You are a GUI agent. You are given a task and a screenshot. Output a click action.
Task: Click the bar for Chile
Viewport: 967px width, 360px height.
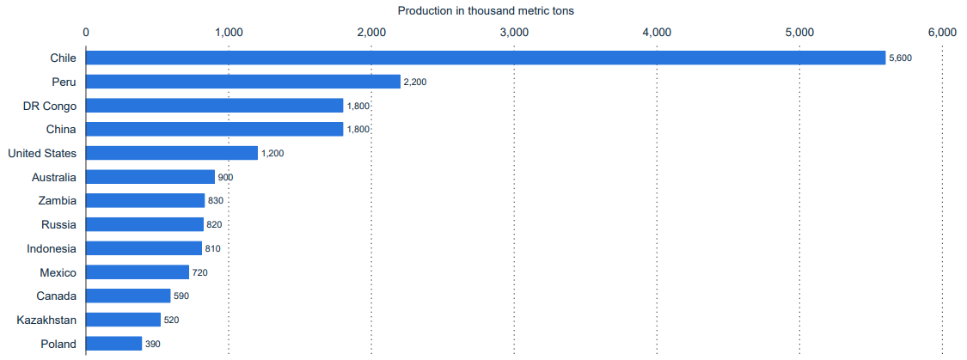pos(486,58)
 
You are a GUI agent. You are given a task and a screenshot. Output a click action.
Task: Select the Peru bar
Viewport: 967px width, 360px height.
pos(243,82)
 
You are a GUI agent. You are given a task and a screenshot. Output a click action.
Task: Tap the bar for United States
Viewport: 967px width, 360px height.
pos(172,153)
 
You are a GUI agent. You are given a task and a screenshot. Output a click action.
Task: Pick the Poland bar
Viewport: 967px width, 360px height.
pos(113,344)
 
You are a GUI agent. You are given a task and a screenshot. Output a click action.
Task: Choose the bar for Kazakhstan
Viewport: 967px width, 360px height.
pos(123,320)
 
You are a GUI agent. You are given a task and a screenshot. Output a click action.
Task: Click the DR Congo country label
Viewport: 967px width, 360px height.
pos(50,106)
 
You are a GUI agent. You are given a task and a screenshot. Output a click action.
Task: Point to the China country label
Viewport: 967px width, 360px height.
pos(61,129)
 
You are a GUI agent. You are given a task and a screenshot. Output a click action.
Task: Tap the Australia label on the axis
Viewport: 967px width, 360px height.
pos(53,177)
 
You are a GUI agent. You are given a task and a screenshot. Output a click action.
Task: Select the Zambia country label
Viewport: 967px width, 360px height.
pos(58,200)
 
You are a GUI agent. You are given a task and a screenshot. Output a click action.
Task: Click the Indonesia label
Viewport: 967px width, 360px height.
pos(52,248)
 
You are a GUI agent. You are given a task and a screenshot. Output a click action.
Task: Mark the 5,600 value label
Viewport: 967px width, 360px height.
pos(900,58)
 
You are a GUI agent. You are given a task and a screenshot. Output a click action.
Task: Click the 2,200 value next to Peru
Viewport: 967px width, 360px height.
pos(415,82)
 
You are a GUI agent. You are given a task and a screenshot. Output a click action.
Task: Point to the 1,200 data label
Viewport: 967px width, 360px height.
pos(272,154)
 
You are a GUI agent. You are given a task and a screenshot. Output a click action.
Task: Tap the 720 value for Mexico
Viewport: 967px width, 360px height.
pos(199,272)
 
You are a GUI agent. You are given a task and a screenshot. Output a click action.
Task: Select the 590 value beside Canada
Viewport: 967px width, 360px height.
pos(181,296)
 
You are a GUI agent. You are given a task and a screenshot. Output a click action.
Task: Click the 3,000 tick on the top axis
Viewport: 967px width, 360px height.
pos(514,32)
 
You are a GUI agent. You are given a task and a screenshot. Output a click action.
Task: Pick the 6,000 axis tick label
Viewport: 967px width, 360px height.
pos(942,32)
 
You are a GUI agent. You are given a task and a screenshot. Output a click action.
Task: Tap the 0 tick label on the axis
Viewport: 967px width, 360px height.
pos(86,32)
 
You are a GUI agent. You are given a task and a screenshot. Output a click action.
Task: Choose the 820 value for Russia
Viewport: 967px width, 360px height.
pos(214,225)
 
